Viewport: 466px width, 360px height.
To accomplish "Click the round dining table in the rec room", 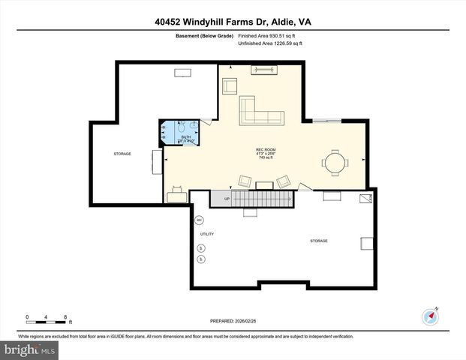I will pyautogui.click(x=335, y=161).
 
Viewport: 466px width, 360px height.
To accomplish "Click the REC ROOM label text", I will pyautogui.click(x=265, y=151).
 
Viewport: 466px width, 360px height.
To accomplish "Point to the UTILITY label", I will pyautogui.click(x=206, y=234).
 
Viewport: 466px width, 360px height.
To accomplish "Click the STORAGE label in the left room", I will pyautogui.click(x=122, y=154).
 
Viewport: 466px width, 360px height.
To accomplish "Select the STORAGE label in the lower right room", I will pyautogui.click(x=319, y=241).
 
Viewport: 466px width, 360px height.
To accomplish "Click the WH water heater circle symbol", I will pyautogui.click(x=200, y=220).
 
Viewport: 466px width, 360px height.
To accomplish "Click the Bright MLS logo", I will pyautogui.click(x=30, y=349).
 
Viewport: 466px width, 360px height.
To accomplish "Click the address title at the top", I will pyautogui.click(x=233, y=22).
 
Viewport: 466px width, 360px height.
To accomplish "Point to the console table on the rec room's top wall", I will pyautogui.click(x=263, y=70).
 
